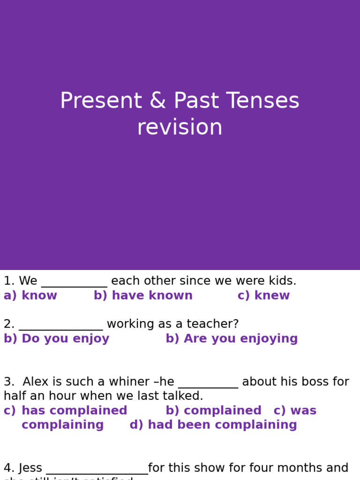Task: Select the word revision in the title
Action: point(180,127)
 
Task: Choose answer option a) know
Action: point(30,296)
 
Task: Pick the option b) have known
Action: point(143,296)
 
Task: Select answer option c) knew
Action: point(263,296)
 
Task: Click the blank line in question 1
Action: point(74,283)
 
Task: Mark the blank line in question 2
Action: point(60,326)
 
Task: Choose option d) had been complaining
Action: point(213,425)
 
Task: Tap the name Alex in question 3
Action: point(35,382)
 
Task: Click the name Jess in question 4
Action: point(30,468)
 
